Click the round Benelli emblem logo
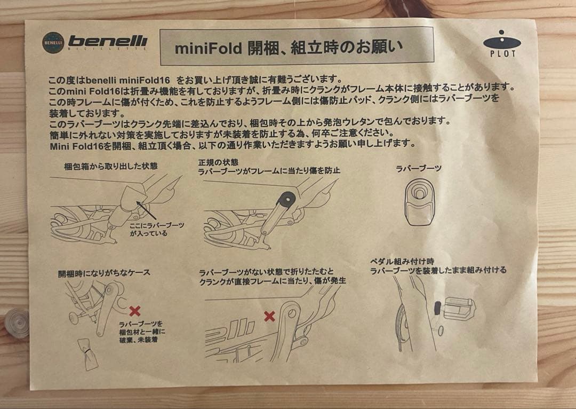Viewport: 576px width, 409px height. click(53, 43)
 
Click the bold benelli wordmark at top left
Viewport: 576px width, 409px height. click(108, 42)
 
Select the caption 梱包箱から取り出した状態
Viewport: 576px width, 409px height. click(111, 166)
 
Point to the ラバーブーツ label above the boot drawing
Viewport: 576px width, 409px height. click(419, 168)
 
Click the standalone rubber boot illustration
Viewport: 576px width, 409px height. click(419, 202)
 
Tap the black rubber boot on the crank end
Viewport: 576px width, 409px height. click(286, 200)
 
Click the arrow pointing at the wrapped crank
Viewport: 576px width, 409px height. click(147, 210)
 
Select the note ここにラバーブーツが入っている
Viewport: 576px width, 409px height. click(157, 229)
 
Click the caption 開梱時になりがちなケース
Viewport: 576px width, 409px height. click(105, 272)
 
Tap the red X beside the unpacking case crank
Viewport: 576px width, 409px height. click(135, 311)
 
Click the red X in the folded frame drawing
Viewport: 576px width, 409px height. click(269, 316)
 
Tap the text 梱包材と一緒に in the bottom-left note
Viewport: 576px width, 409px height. click(142, 332)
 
